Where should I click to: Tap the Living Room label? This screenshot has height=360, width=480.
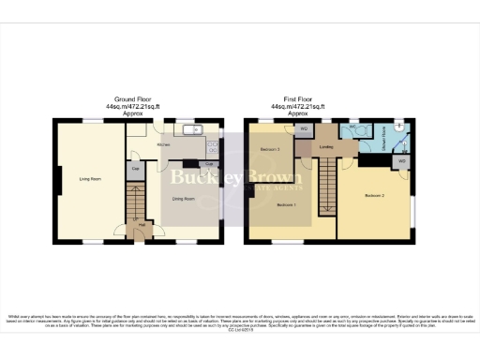(90, 178)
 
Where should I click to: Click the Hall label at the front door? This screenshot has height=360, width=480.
(142, 225)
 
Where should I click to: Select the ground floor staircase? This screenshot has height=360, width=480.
(138, 199)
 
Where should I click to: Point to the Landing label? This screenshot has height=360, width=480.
(326, 146)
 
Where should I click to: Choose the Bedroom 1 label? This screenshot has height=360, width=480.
(287, 205)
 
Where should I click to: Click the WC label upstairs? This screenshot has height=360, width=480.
(352, 129)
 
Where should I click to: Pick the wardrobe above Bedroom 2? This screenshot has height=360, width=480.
(401, 160)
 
